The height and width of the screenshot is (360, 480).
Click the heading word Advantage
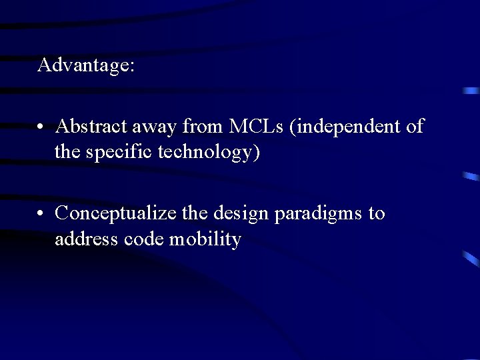(86, 65)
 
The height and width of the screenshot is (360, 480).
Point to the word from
(203, 125)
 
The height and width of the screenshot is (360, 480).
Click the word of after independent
(414, 125)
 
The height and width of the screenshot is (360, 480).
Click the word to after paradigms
(377, 213)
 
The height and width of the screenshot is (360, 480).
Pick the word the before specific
(67, 152)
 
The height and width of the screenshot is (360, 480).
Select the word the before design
(195, 213)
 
